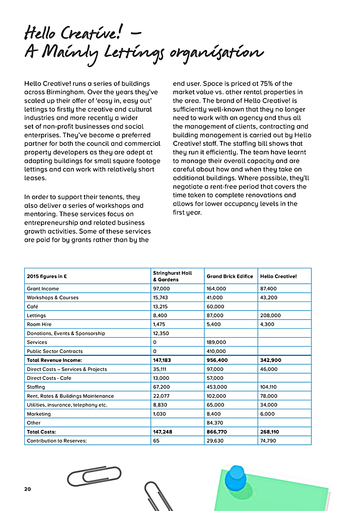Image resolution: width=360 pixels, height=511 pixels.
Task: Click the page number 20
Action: [x=27, y=489]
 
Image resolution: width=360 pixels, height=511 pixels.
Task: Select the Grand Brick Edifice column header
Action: [x=229, y=276]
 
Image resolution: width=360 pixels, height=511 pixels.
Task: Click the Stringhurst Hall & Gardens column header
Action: [x=172, y=276]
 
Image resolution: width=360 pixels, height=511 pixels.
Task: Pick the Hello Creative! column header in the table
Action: [x=279, y=276]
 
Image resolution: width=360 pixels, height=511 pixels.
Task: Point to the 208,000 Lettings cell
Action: [x=270, y=316]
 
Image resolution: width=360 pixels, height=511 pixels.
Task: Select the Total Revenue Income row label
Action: [x=55, y=360]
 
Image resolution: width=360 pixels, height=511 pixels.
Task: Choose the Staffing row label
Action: [x=36, y=387]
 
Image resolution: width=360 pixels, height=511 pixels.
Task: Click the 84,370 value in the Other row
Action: [x=215, y=423]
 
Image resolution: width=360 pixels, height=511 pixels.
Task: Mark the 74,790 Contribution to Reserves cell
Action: [x=269, y=441]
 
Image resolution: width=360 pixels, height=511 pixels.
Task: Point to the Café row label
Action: [x=32, y=307]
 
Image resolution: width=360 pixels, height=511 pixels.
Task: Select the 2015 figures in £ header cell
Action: [x=47, y=276]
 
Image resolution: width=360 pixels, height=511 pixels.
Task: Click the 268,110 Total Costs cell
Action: [x=270, y=432]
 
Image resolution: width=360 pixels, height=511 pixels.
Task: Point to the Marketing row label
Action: [x=39, y=414]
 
